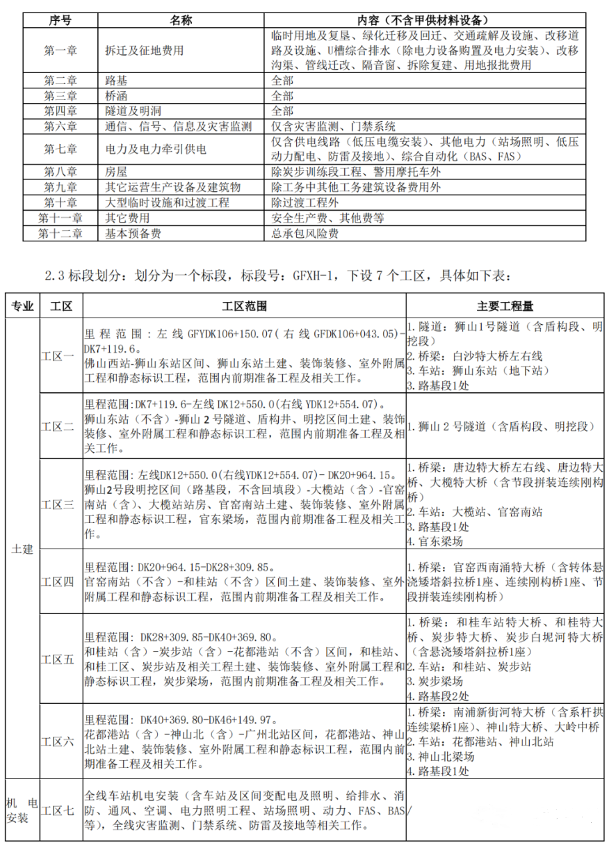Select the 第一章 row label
(x=60, y=50)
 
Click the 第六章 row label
(x=60, y=127)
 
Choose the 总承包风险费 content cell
(x=304, y=234)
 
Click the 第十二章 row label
(x=60, y=234)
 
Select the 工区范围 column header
(x=243, y=305)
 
